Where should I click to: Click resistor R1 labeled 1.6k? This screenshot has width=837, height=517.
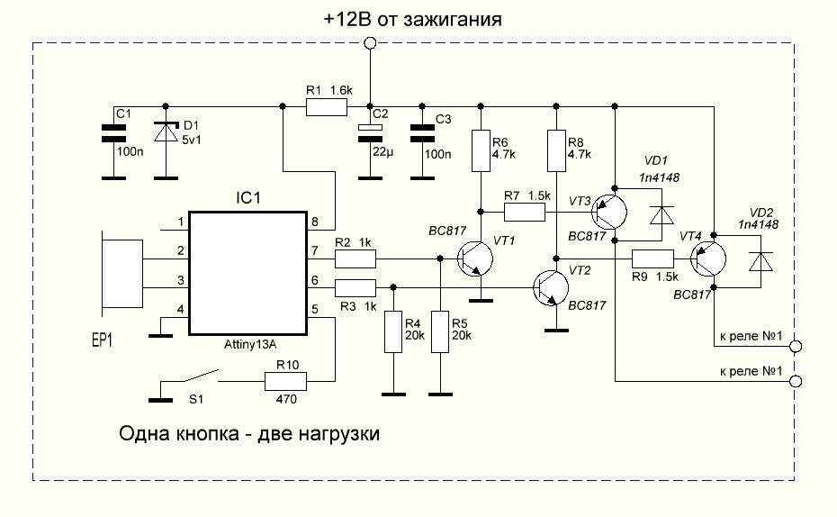click(x=326, y=107)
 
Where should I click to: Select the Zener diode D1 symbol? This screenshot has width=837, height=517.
click(x=166, y=132)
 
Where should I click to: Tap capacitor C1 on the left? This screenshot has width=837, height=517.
click(x=113, y=134)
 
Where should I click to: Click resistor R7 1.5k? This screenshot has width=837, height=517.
click(x=524, y=213)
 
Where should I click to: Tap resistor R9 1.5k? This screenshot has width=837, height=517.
click(x=652, y=258)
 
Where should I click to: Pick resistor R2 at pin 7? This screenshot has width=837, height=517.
click(x=355, y=259)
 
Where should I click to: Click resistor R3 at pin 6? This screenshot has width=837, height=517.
click(x=355, y=288)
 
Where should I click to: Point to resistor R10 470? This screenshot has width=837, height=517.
click(x=287, y=382)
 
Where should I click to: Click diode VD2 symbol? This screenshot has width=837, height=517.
click(x=761, y=260)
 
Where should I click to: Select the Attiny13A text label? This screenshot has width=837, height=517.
click(x=248, y=344)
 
